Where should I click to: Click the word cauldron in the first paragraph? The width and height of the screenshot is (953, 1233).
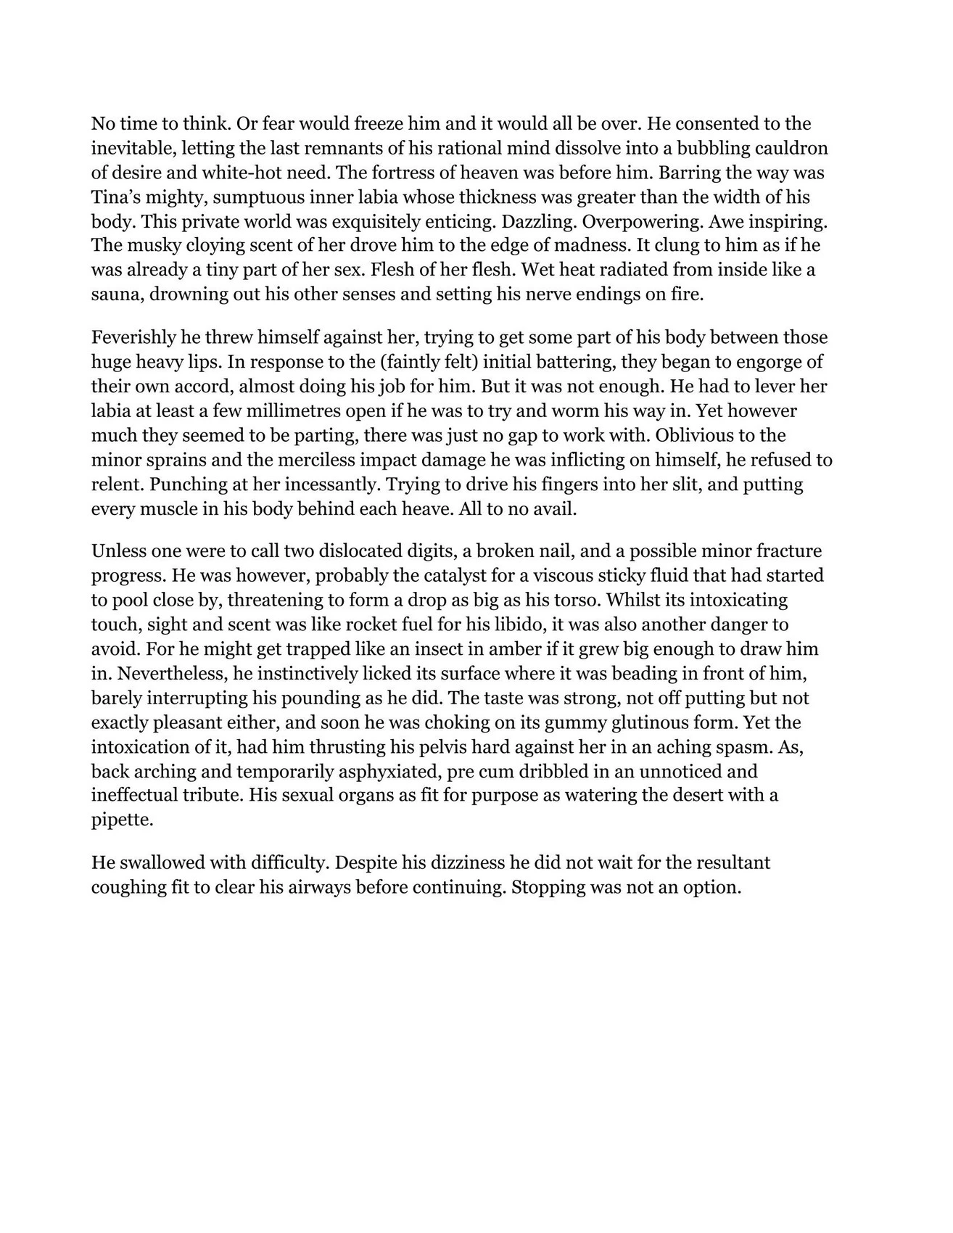[x=788, y=149]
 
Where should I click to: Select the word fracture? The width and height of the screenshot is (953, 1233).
[x=788, y=551]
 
